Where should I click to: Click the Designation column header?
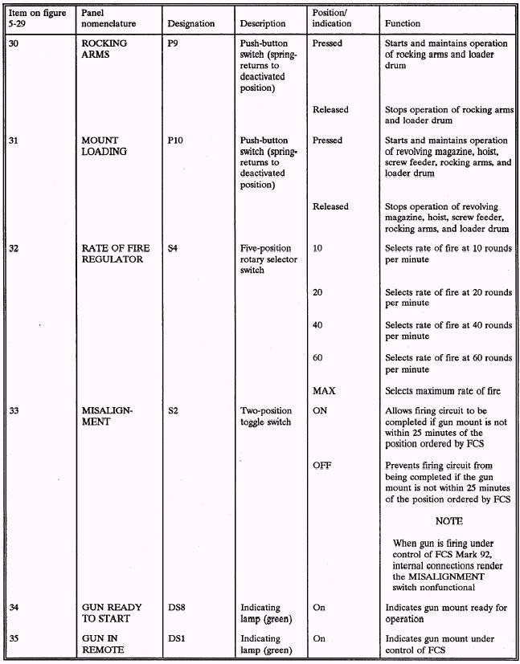191,24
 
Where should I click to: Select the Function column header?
407,24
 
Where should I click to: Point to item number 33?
14,410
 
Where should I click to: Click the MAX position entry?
324,391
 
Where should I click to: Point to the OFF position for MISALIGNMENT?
321,466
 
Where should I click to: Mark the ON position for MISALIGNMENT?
320,410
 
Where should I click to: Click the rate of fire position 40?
317,325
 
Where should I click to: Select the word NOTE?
448,521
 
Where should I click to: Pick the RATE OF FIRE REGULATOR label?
113,254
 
